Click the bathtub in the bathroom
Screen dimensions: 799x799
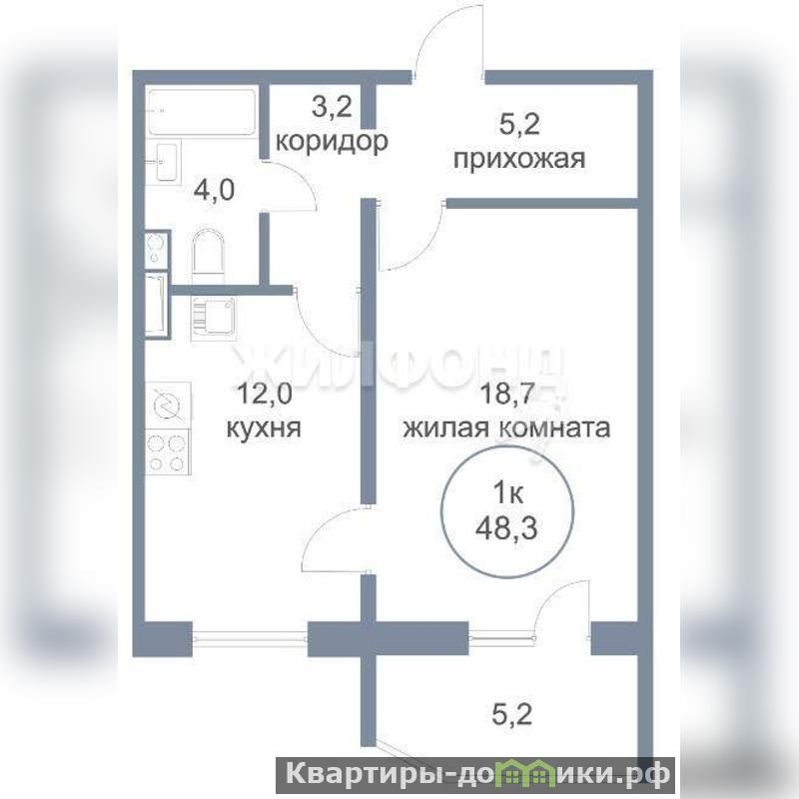click(202, 112)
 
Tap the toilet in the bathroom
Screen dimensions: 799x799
click(209, 253)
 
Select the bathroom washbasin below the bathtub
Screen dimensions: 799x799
click(164, 162)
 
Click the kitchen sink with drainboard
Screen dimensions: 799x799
click(214, 319)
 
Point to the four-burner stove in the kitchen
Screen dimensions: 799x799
click(168, 451)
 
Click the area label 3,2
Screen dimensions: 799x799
click(332, 108)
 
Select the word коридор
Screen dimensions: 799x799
click(332, 142)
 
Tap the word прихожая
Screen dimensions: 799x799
click(519, 160)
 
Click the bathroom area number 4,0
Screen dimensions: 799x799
click(214, 191)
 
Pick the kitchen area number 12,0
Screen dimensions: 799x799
click(265, 395)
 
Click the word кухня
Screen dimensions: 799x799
click(264, 428)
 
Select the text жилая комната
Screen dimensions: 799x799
click(507, 428)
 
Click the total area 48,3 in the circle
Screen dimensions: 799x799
click(506, 529)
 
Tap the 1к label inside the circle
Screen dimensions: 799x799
click(507, 494)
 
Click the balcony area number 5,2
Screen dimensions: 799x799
click(507, 713)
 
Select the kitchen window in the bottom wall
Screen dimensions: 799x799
click(250, 638)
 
